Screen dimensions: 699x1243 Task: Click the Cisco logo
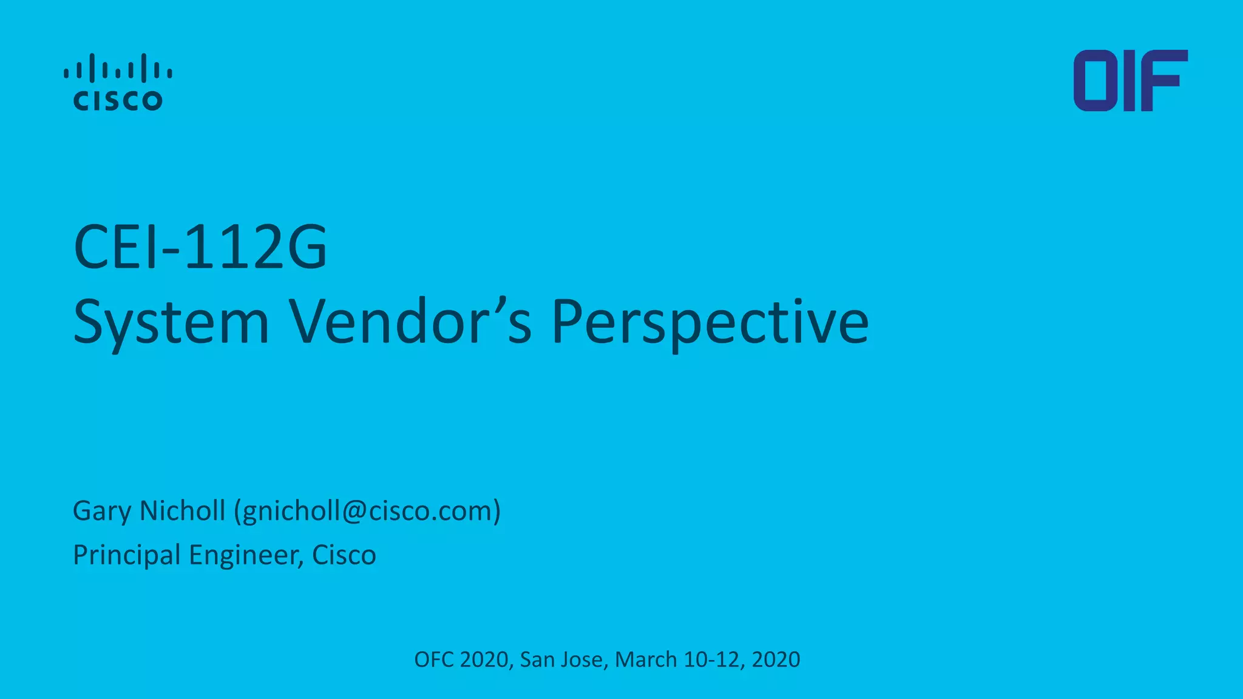coord(118,82)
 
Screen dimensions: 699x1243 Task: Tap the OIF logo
coord(1130,81)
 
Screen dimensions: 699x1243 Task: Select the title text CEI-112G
coord(200,247)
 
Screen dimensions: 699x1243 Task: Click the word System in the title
coord(171,322)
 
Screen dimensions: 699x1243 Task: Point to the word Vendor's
coord(410,322)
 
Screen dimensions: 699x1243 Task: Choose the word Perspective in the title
coord(710,322)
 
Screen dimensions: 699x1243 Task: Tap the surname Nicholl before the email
coord(183,510)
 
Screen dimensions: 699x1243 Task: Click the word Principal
coord(126,555)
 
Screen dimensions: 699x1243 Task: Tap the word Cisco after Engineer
coord(344,555)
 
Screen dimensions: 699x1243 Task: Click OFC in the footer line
coord(434,660)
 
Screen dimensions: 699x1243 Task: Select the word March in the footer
coord(646,660)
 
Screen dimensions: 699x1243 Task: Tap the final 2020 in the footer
coord(776,660)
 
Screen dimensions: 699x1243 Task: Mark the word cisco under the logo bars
coord(118,101)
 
